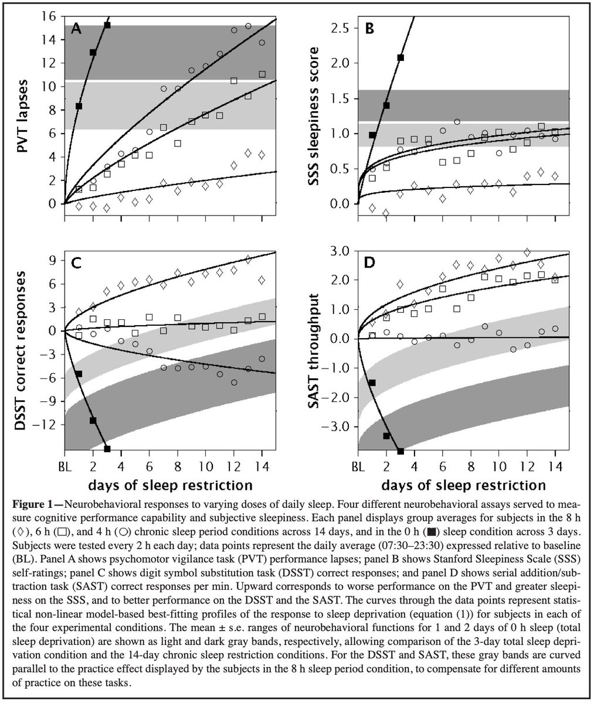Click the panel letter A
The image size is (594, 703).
click(x=76, y=29)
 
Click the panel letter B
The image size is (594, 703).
click(x=370, y=29)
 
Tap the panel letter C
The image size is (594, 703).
click(x=76, y=262)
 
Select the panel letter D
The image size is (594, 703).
click(x=370, y=262)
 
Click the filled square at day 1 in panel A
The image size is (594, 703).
click(x=79, y=106)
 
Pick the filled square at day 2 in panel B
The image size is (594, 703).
click(x=386, y=105)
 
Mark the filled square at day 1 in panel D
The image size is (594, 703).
click(x=372, y=383)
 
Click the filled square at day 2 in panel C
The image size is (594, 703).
click(x=93, y=421)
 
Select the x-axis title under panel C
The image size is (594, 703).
click(x=171, y=485)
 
